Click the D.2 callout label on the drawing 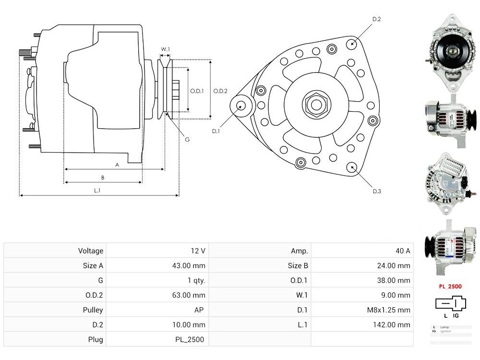pyautogui.click(x=376, y=19)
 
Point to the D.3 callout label pyautogui.click(x=377, y=192)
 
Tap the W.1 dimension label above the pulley pyautogui.click(x=165, y=49)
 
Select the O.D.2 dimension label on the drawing pyautogui.click(x=220, y=91)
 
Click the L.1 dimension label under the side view pyautogui.click(x=97, y=191)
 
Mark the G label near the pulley pyautogui.click(x=187, y=139)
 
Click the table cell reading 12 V pyautogui.click(x=198, y=251)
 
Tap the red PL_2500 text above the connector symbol pyautogui.click(x=450, y=287)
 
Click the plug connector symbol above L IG pyautogui.click(x=450, y=303)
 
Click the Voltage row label pyautogui.click(x=91, y=251)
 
